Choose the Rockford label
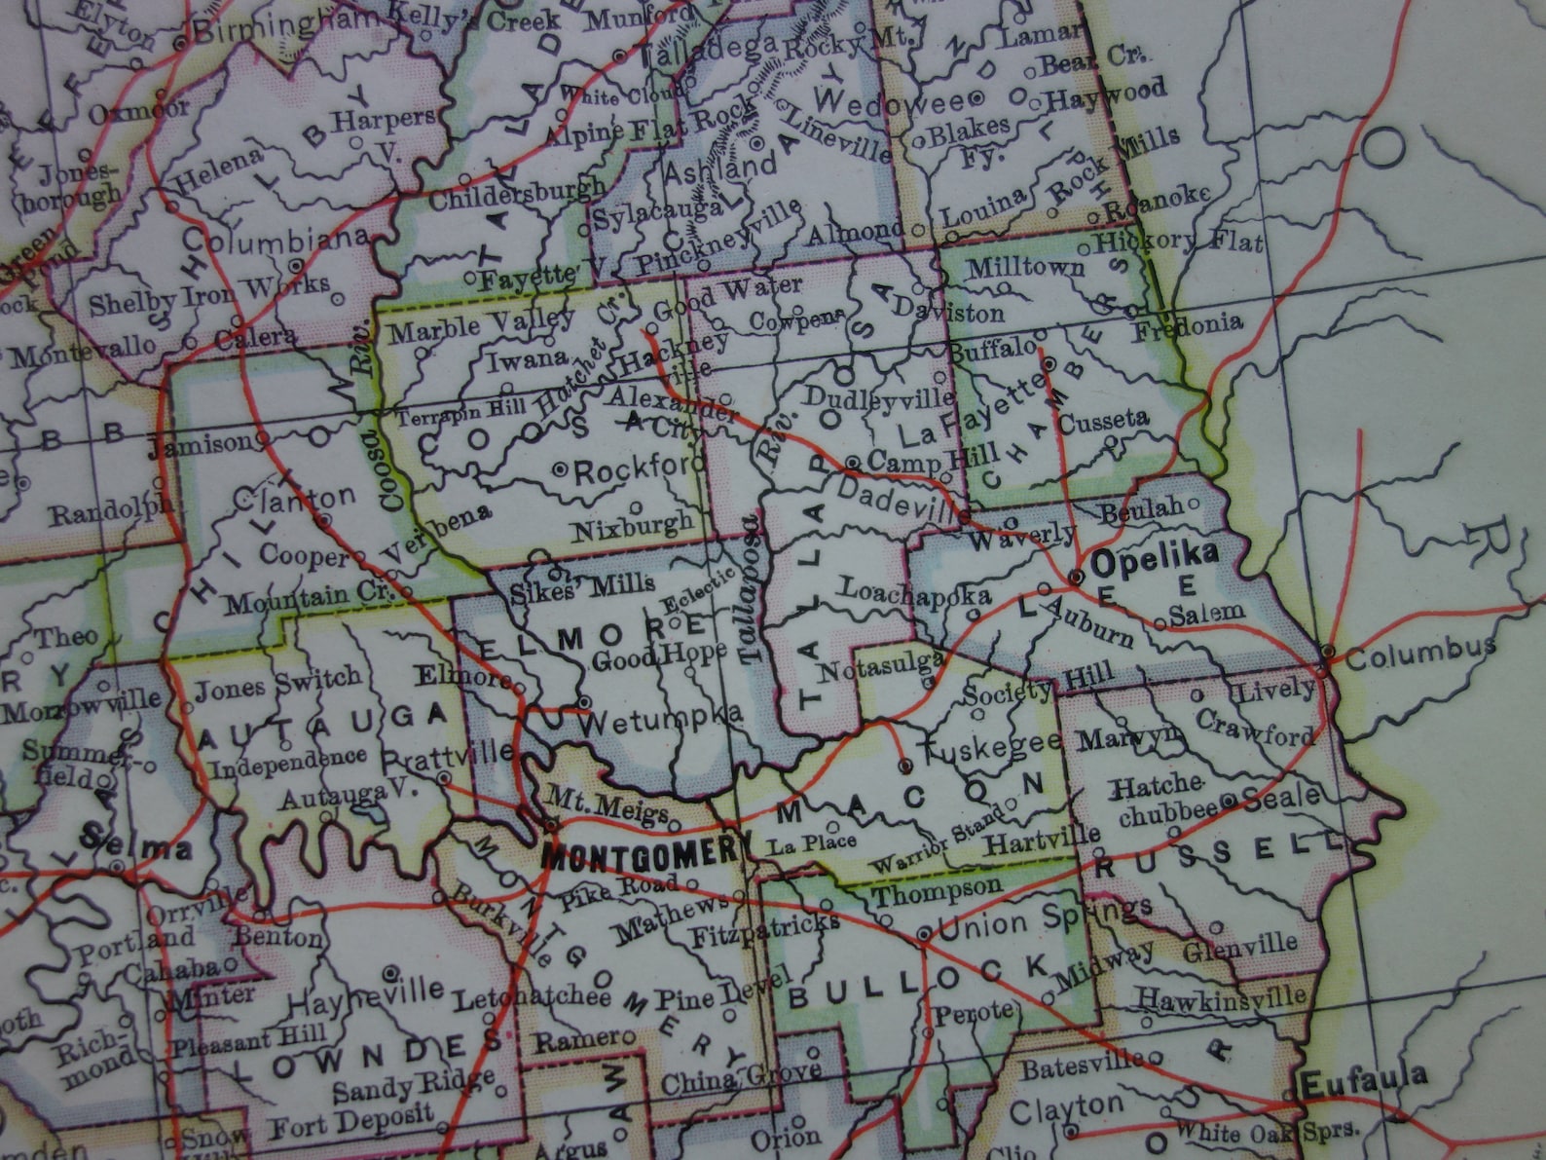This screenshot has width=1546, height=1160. [x=639, y=471]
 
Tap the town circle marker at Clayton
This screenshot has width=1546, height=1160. [x=1070, y=1131]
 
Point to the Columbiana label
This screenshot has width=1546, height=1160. [x=276, y=240]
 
